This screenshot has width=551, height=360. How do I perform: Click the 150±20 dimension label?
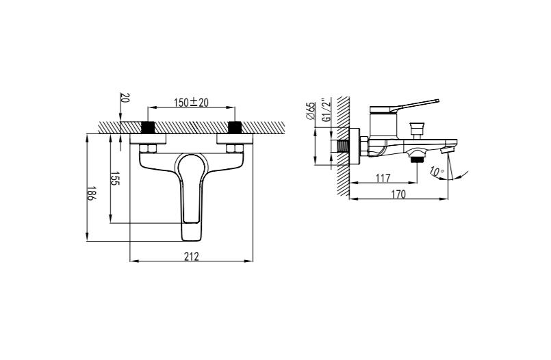click(191, 102)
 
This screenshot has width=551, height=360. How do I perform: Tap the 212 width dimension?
click(191, 256)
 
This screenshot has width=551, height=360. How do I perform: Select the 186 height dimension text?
click(91, 193)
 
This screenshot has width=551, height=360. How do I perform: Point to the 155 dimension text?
click(115, 179)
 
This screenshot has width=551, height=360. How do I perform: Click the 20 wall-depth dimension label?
click(125, 98)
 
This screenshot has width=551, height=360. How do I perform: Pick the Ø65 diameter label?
click(311, 111)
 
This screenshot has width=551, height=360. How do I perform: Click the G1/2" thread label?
click(326, 110)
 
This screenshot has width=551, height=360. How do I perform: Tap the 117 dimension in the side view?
click(383, 179)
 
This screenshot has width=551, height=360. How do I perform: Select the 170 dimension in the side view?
click(398, 194)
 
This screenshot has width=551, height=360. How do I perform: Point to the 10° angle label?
click(437, 172)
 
